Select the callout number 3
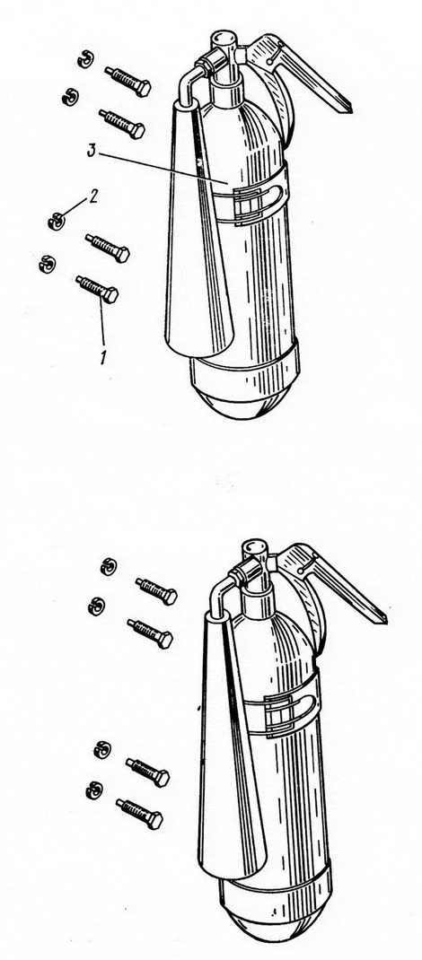pos(91,152)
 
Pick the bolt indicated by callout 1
pos(97,288)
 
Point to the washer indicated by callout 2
pos(56,221)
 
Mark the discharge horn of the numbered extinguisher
pos(195,232)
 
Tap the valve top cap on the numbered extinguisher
pos(224,39)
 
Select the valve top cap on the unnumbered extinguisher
pos(255,548)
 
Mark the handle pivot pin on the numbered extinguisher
pos(268,61)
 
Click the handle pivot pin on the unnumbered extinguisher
pos(301,571)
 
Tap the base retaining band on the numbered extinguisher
pos(245,367)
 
